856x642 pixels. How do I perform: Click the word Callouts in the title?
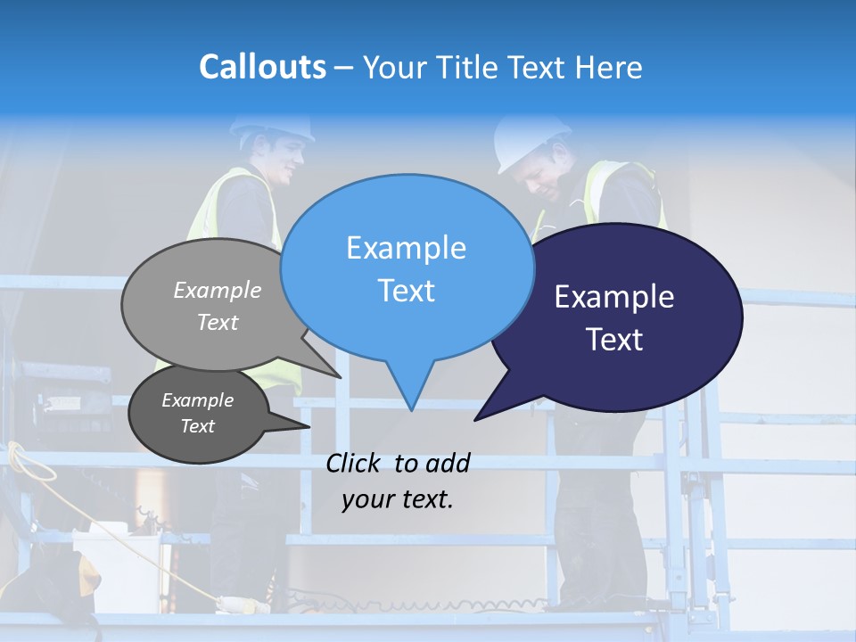click(262, 67)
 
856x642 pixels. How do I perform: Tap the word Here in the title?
click(605, 68)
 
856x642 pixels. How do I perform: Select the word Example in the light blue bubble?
click(406, 248)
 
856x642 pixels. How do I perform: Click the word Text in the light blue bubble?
click(406, 291)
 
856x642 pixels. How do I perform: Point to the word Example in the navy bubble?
click(614, 297)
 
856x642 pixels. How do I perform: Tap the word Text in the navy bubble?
click(615, 340)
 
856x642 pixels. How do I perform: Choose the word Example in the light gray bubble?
click(218, 291)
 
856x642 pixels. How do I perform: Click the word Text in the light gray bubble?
click(218, 322)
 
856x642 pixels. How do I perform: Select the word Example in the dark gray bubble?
click(197, 400)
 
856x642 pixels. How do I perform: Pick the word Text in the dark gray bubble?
click(197, 426)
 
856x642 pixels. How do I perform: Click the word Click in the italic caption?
click(356, 463)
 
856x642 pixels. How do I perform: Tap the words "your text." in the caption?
click(398, 499)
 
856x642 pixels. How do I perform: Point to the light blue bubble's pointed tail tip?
click(411, 410)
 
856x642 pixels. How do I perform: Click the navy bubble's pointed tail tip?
click(475, 419)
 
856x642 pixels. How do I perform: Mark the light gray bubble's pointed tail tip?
click(341, 377)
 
